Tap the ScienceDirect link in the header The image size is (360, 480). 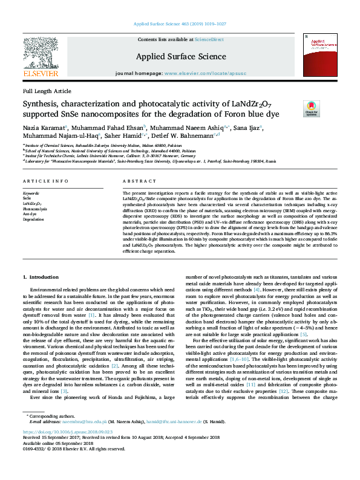point(209,39)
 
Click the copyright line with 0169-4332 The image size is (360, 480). point(74,467)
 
